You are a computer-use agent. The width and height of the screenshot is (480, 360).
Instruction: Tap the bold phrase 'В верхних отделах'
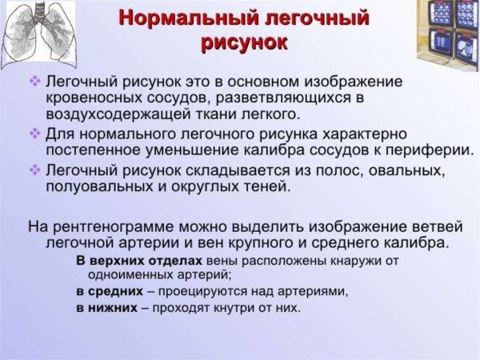139,262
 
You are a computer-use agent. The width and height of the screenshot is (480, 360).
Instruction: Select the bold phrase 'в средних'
110,291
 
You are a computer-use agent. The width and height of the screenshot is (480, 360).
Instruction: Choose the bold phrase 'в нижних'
107,308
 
